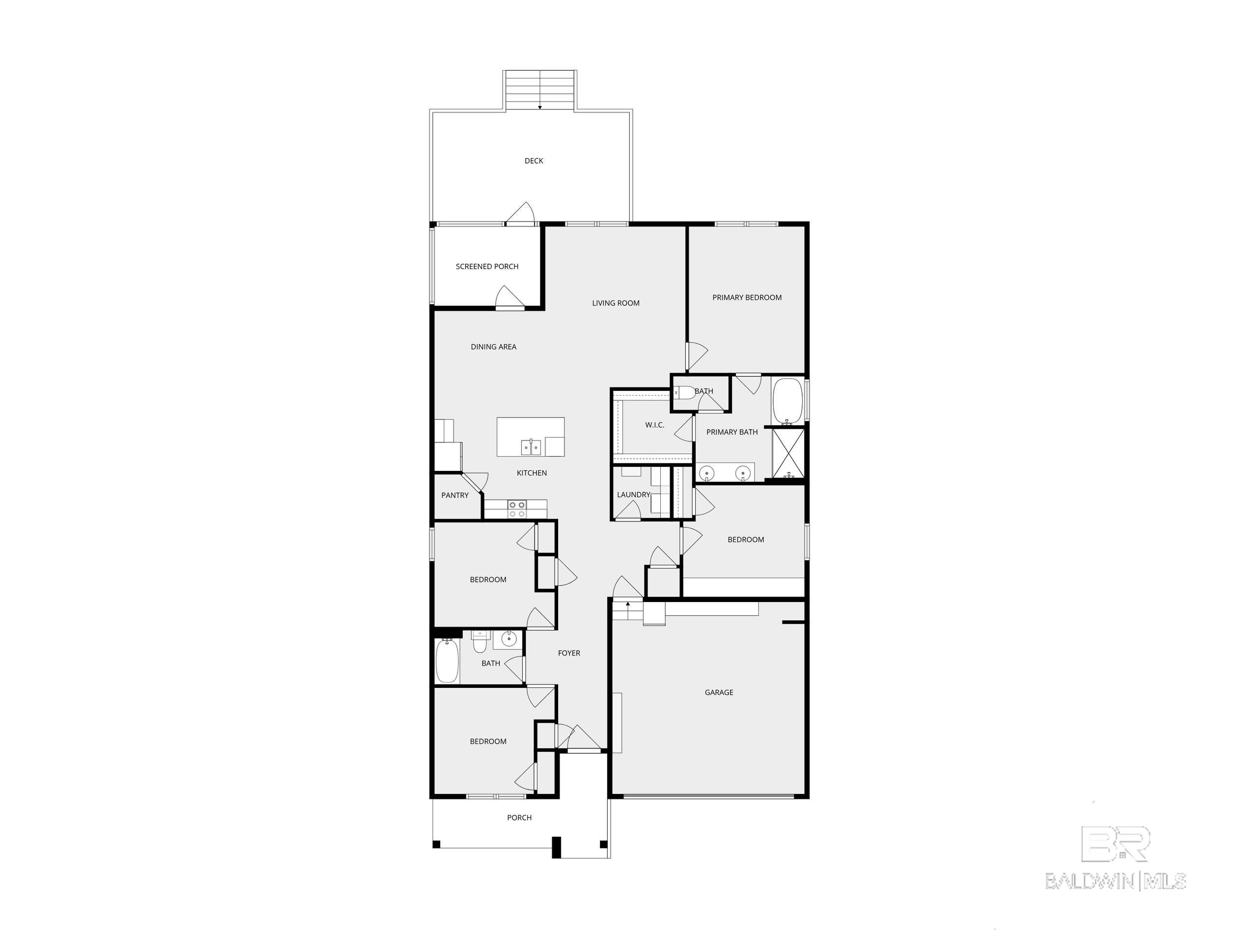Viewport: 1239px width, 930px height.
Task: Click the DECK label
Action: pyautogui.click(x=534, y=161)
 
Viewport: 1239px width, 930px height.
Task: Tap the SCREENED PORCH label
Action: pyautogui.click(x=487, y=267)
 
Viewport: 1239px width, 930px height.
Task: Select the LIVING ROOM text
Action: pyautogui.click(x=616, y=303)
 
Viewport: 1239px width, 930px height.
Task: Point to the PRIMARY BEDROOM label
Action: pyautogui.click(x=747, y=298)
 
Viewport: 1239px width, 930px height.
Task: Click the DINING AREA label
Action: pyautogui.click(x=493, y=347)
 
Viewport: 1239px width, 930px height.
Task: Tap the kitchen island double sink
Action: pyautogui.click(x=531, y=447)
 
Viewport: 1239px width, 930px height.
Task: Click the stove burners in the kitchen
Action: pyautogui.click(x=516, y=509)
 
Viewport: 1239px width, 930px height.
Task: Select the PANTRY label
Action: pyautogui.click(x=455, y=495)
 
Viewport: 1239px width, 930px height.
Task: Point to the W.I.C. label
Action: pyautogui.click(x=654, y=425)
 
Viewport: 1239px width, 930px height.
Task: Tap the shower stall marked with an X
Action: pyautogui.click(x=788, y=453)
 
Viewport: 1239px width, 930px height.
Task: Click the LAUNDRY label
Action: pyautogui.click(x=634, y=494)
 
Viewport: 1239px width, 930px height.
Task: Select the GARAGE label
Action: pyautogui.click(x=719, y=692)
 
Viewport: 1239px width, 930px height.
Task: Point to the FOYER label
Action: pyautogui.click(x=569, y=653)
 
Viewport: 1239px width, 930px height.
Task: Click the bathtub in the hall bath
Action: pyautogui.click(x=447, y=661)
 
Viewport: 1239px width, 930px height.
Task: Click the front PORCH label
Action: pyautogui.click(x=519, y=818)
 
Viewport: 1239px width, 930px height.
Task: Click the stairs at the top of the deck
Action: pyautogui.click(x=540, y=90)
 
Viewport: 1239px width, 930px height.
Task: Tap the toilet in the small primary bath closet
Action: pyautogui.click(x=684, y=392)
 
